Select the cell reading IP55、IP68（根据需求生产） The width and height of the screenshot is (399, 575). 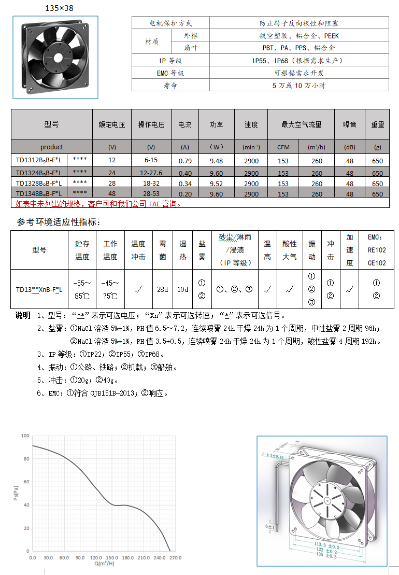(x=299, y=61)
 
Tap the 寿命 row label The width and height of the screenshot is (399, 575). (x=170, y=86)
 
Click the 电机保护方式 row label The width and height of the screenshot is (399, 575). (x=170, y=23)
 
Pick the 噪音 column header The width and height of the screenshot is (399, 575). (x=350, y=124)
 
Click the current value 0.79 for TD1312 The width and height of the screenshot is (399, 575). (x=185, y=161)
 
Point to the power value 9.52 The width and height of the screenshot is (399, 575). (x=216, y=184)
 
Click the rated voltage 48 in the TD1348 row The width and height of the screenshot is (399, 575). (x=112, y=194)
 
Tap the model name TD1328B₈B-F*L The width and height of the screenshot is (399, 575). (x=39, y=184)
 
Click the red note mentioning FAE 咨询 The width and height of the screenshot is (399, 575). (x=98, y=204)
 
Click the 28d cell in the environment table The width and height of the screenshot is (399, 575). (x=163, y=289)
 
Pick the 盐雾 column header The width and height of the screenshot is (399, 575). (x=202, y=249)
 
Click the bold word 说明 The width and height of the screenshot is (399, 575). (x=23, y=316)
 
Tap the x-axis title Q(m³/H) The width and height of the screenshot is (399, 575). (x=104, y=564)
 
